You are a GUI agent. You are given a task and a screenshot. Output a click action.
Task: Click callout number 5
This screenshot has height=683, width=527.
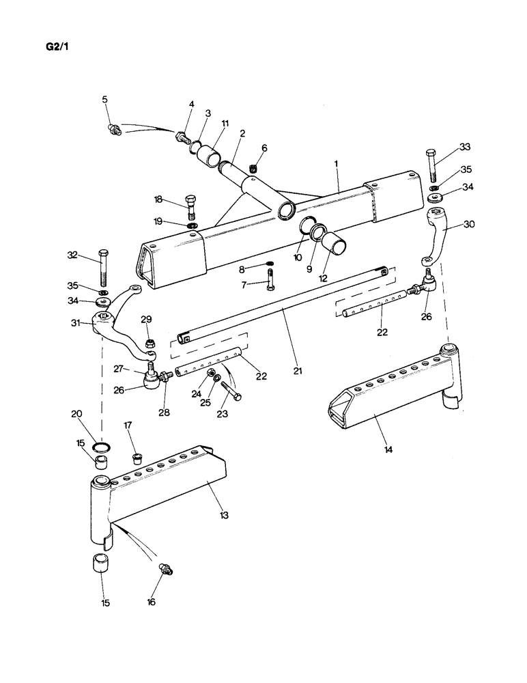point(104,100)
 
